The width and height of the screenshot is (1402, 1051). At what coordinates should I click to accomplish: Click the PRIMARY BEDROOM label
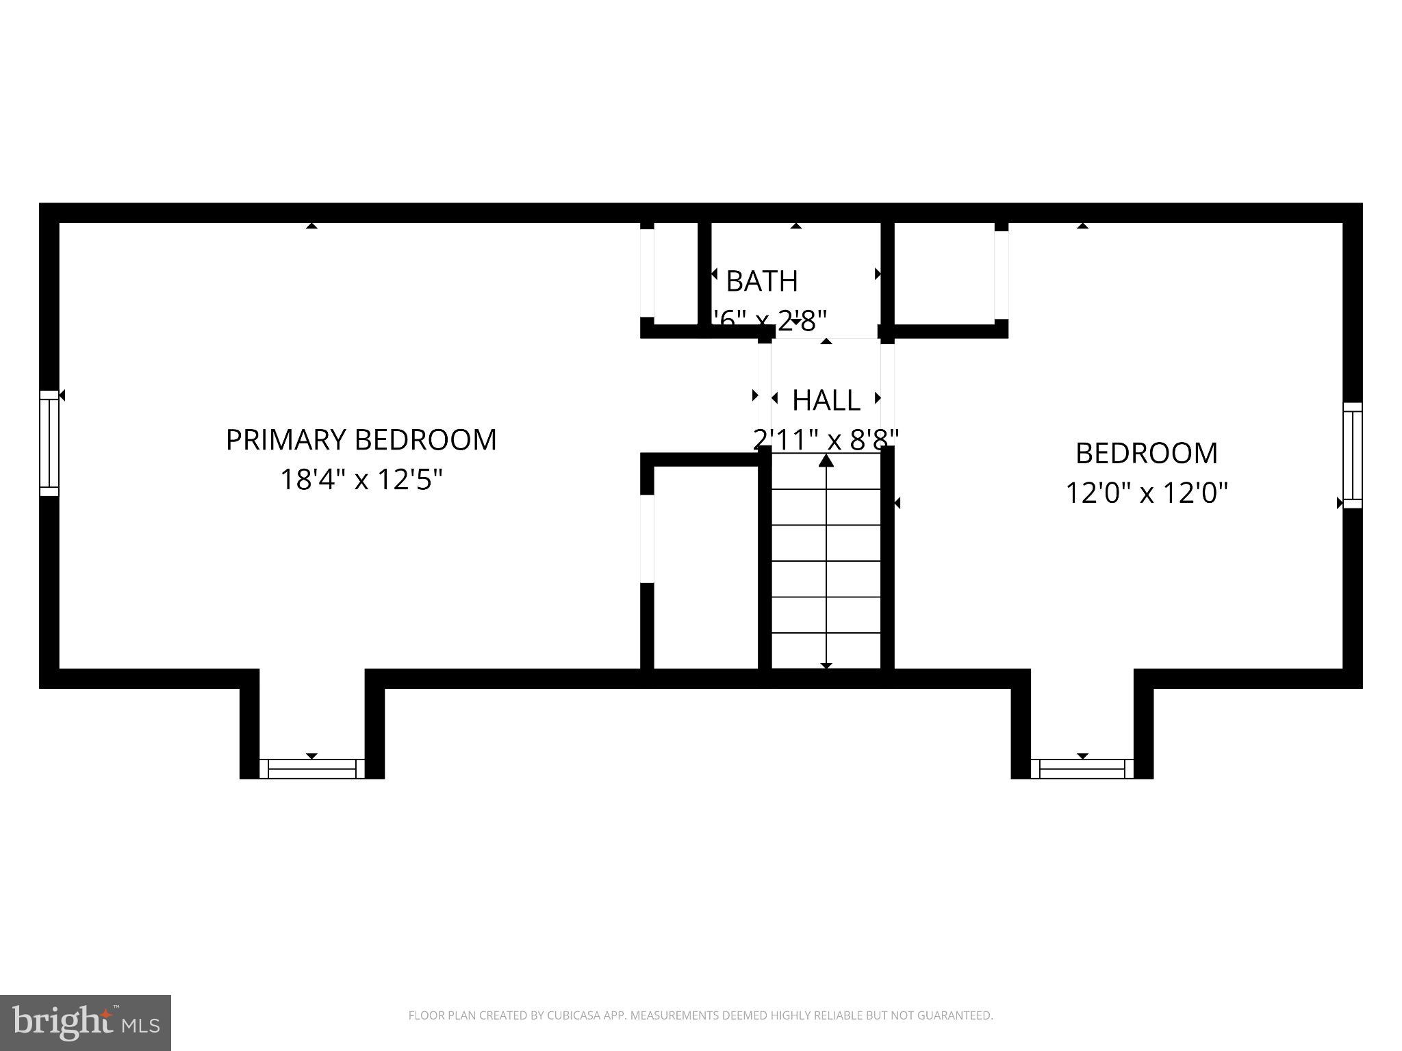361,440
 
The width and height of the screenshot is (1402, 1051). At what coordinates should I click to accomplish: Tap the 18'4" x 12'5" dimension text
361,480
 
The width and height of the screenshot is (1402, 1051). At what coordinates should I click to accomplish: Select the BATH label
761,281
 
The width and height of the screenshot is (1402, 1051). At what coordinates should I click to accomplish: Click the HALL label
826,401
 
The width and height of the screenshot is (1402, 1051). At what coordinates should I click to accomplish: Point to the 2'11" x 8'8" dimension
826,440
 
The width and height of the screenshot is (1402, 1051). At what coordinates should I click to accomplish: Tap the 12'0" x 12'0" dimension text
1147,493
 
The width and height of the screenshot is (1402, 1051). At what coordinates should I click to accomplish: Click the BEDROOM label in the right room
1147,454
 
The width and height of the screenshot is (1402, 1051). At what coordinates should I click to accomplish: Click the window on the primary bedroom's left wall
49,443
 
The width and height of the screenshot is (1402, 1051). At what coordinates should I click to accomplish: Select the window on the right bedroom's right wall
1352,455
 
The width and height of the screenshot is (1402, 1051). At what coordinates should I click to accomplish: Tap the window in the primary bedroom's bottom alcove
311,768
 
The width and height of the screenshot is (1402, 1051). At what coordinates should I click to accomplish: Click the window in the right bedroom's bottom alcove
1082,769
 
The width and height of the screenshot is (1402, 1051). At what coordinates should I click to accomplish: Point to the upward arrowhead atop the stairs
826,461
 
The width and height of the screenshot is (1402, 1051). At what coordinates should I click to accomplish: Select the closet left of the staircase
706,568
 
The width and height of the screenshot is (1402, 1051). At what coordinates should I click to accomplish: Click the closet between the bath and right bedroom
944,274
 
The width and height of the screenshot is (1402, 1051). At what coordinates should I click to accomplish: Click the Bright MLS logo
85,1022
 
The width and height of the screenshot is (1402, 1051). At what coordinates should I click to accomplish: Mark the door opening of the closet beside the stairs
647,539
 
